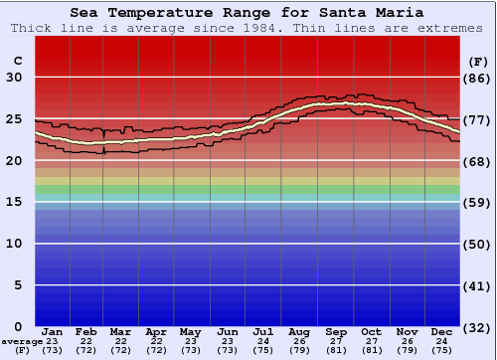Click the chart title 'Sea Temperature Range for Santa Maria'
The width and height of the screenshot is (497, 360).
[x=247, y=13]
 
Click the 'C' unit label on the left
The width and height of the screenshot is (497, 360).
[x=17, y=61]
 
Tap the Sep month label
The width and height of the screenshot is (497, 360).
[x=336, y=332]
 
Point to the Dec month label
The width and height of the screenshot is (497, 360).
[x=442, y=332]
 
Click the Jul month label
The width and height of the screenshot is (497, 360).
[x=264, y=332]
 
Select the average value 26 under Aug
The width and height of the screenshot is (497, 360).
[x=299, y=341]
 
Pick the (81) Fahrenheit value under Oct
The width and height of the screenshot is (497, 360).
[x=371, y=350]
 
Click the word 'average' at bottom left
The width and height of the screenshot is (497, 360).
[x=20, y=341]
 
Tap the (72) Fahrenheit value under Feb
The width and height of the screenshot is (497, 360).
[x=86, y=350]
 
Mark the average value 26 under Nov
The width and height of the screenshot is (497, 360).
[x=407, y=341]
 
